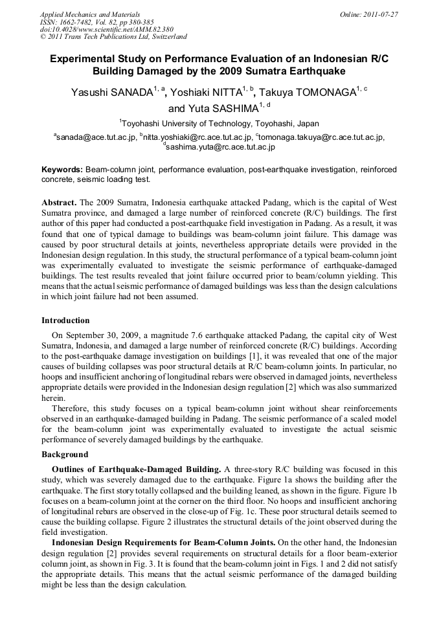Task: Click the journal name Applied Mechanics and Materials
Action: (x=90, y=14)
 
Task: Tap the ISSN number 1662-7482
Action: (x=80, y=21)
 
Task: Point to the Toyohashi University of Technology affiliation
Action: (x=219, y=123)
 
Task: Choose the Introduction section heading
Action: (x=65, y=320)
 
